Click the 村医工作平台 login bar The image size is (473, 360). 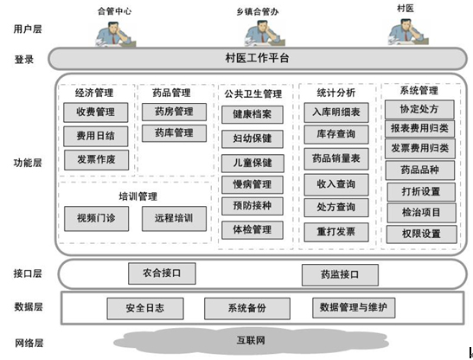click(x=256, y=58)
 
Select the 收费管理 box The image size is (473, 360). click(x=95, y=112)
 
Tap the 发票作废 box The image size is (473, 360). click(x=95, y=159)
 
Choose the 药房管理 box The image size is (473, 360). click(x=174, y=112)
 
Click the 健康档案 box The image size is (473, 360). click(x=252, y=114)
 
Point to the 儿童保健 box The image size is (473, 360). click(x=252, y=162)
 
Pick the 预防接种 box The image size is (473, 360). click(x=252, y=206)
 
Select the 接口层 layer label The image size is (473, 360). click(x=28, y=273)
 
